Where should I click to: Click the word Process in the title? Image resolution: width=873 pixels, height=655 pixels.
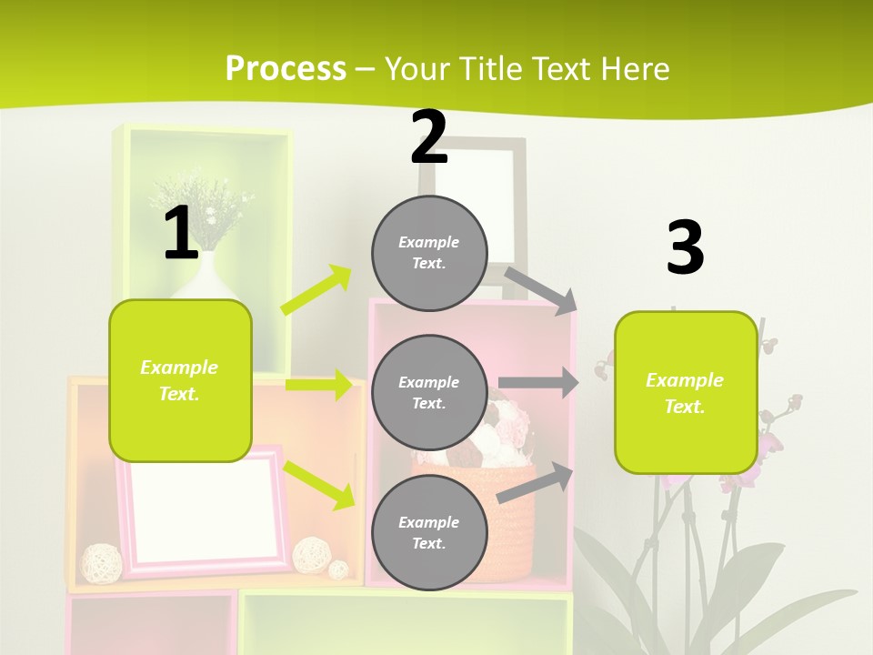pyautogui.click(x=286, y=68)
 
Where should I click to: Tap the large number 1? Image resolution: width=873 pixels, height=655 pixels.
pyautogui.click(x=181, y=233)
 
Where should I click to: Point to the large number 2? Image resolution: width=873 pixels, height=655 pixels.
pyautogui.click(x=429, y=137)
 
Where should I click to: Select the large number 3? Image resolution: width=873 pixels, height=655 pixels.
pyautogui.click(x=686, y=247)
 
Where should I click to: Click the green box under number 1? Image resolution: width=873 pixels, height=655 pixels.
pyautogui.click(x=180, y=380)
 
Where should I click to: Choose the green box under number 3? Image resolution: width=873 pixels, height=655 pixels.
pyautogui.click(x=686, y=392)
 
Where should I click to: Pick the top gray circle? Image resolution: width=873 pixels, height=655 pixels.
pyautogui.click(x=429, y=253)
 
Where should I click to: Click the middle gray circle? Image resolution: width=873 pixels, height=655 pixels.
pyautogui.click(x=429, y=392)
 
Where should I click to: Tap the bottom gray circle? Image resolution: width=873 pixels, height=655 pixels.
pyautogui.click(x=429, y=532)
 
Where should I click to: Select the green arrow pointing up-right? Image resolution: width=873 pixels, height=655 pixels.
pyautogui.click(x=316, y=289)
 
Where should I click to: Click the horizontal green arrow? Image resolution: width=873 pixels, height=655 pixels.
pyautogui.click(x=318, y=385)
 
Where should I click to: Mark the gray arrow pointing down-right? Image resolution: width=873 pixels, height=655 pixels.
pyautogui.click(x=541, y=290)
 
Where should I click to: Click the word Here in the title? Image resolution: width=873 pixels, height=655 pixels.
pyautogui.click(x=636, y=68)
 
